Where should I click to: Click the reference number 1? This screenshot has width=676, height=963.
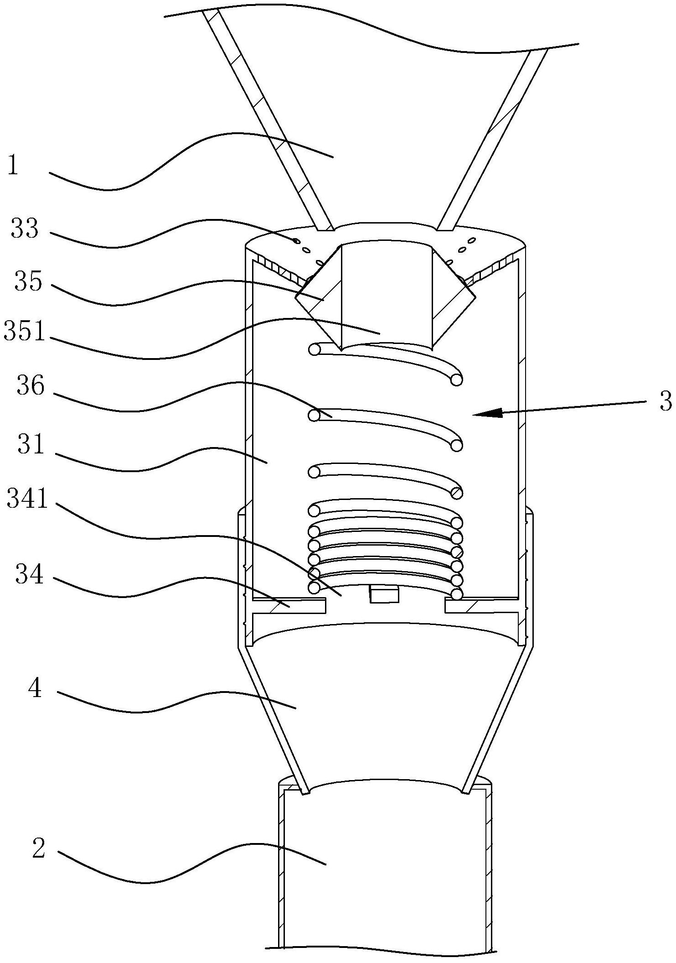point(13,165)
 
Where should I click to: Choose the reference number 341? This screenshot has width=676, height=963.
point(27,498)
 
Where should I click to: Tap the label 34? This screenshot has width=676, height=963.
point(30,574)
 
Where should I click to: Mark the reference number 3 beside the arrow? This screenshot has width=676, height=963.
point(666,401)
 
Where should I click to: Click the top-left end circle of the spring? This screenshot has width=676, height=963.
point(314,349)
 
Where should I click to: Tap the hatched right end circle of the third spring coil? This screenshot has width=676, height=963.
point(456,493)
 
